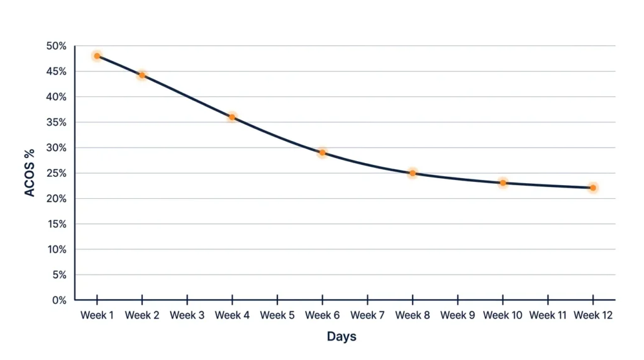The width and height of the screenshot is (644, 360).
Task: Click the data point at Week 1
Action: [97, 56]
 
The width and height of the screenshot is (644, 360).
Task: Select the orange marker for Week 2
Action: [142, 75]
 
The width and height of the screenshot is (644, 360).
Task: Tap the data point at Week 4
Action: [232, 117]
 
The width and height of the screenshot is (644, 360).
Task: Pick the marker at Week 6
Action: [323, 152]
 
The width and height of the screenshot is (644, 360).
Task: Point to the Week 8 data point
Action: [413, 173]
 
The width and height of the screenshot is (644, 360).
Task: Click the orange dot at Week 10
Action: [503, 183]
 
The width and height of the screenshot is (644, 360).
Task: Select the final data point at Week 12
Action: [593, 188]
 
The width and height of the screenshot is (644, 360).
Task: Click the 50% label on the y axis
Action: [56, 47]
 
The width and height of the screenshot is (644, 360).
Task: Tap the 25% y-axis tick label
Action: [56, 173]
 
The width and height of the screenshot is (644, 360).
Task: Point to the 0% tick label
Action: [58, 300]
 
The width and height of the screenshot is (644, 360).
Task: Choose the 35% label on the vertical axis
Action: [56, 123]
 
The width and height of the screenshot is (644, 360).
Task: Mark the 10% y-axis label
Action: [57, 249]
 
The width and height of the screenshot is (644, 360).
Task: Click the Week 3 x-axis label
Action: [187, 315]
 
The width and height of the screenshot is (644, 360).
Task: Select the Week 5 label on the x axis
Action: [277, 315]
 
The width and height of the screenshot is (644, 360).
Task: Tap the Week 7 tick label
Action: [367, 315]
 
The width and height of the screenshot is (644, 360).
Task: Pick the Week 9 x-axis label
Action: [458, 315]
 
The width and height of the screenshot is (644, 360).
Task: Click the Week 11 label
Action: [548, 315]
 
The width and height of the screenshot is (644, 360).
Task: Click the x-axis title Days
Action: [341, 337]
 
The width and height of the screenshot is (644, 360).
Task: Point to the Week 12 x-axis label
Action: [593, 315]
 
